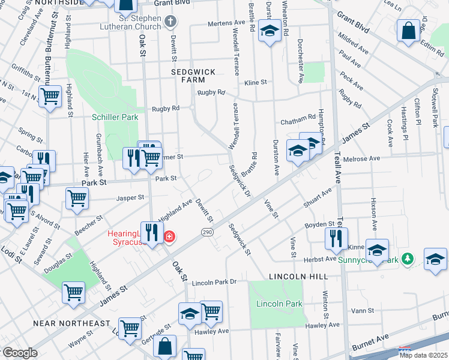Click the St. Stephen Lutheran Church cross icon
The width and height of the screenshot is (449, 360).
pyautogui.click(x=171, y=22)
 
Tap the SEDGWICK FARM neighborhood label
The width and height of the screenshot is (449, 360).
pyautogui.click(x=193, y=75)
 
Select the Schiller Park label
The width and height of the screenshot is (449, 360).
pyautogui.click(x=115, y=118)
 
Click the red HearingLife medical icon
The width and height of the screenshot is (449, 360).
pyautogui.click(x=169, y=238)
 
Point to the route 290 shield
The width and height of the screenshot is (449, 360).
pyautogui.click(x=205, y=232)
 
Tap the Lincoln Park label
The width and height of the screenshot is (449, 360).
pyautogui.click(x=279, y=304)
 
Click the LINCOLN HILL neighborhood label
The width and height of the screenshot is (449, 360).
pyautogui.click(x=298, y=276)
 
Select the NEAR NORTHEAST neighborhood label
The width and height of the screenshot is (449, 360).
pyautogui.click(x=71, y=323)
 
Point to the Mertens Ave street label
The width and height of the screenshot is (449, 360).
pyautogui.click(x=227, y=23)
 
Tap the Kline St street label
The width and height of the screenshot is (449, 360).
pyautogui.click(x=255, y=82)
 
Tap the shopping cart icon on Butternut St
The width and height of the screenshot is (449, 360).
pyautogui.click(x=50, y=97)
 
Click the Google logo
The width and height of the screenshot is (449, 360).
pyautogui.click(x=20, y=353)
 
